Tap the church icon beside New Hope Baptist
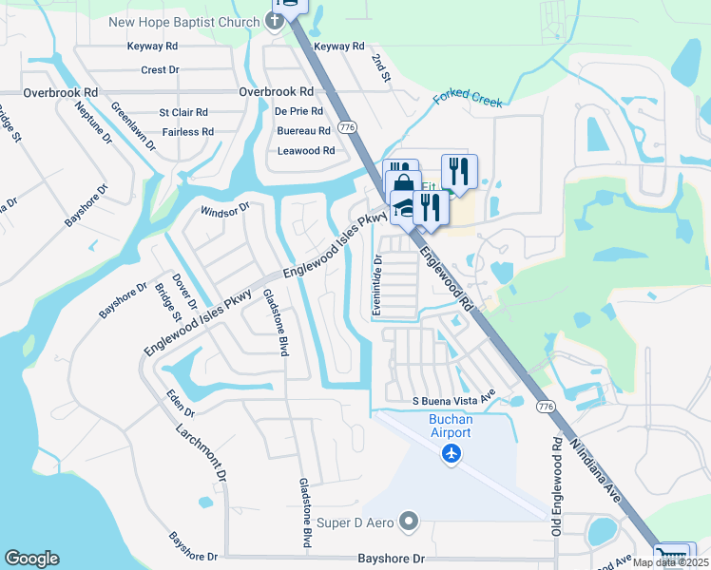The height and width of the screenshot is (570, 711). coord(274,23)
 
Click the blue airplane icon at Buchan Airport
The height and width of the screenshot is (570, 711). coord(452,454)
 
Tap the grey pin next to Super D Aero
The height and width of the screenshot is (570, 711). coord(410,521)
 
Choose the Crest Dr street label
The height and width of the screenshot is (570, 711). coord(160,69)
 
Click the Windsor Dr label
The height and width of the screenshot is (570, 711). coord(223,208)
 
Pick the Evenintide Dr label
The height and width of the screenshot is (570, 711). coord(377,284)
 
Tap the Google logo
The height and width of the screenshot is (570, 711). coord(31,559)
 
